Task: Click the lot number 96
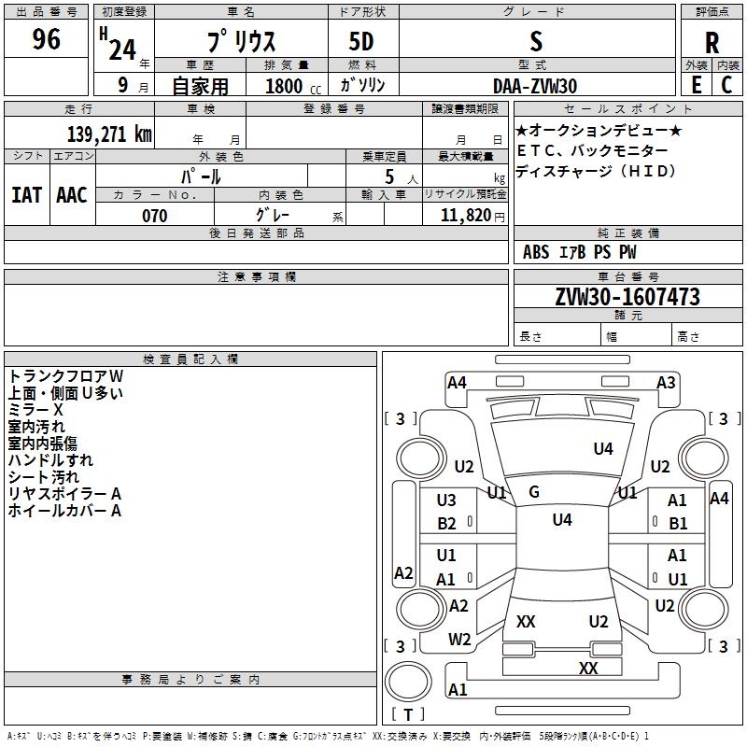click(46, 39)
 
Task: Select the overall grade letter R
click(712, 43)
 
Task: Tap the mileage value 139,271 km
click(109, 134)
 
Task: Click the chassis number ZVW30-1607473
click(627, 296)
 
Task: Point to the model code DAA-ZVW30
click(535, 86)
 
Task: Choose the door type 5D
click(361, 41)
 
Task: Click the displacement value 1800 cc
click(293, 86)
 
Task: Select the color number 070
click(155, 216)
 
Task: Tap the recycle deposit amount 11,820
click(465, 216)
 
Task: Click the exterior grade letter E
click(697, 85)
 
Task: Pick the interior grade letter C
click(726, 85)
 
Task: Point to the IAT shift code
click(27, 195)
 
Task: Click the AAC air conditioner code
click(72, 195)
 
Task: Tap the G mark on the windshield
click(534, 492)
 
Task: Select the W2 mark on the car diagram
click(459, 640)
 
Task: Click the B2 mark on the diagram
click(446, 524)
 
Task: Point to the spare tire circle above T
click(408, 682)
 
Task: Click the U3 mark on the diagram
click(446, 500)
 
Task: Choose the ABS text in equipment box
click(536, 252)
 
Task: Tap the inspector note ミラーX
click(35, 410)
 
